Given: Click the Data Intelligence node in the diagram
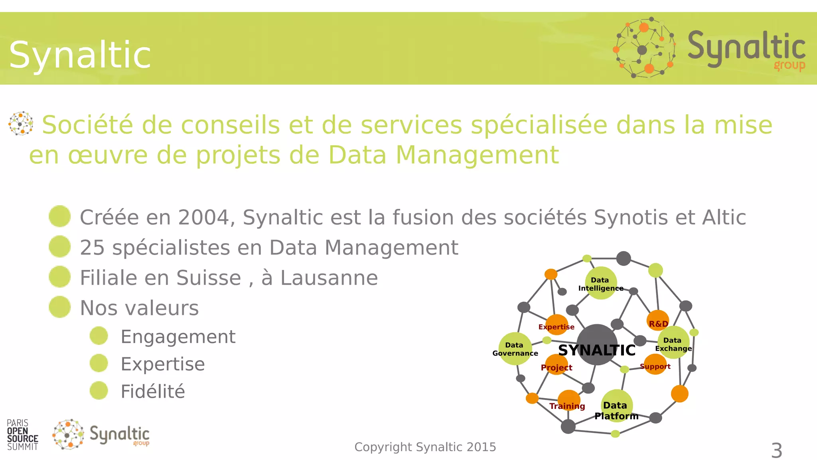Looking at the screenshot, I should (600, 284).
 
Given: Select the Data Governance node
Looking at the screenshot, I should (515, 349).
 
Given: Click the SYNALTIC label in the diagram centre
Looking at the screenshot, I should (597, 350).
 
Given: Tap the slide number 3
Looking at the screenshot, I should (776, 450).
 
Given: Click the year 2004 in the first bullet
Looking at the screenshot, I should (203, 218).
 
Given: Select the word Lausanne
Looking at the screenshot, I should (329, 278).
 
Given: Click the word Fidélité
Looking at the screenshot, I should (153, 391).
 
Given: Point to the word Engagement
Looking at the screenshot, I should (178, 337).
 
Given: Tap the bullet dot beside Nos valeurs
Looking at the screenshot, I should (60, 307).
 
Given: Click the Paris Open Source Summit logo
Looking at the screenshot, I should (22, 435).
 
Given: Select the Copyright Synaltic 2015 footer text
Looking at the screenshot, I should (425, 447).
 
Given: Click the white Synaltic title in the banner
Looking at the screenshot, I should (80, 55).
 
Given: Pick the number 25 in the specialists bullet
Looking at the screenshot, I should (92, 248).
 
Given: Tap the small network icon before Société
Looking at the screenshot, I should (21, 123).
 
